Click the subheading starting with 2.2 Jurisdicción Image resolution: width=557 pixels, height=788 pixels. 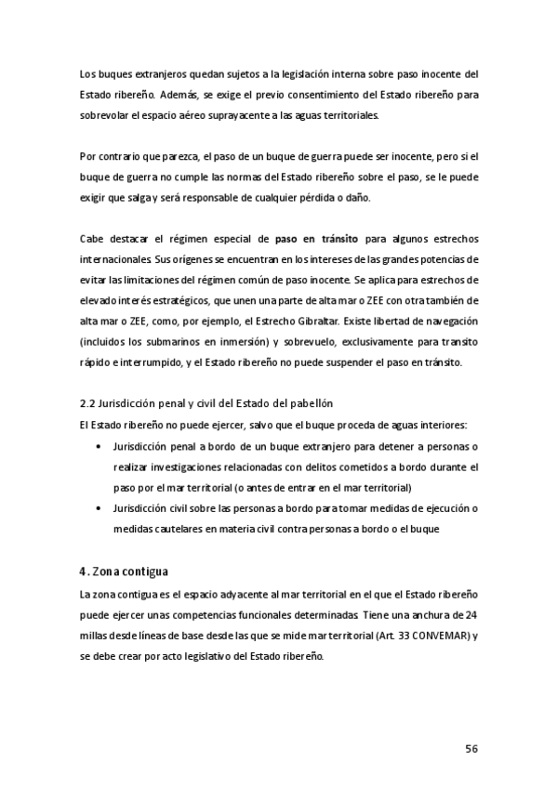206,403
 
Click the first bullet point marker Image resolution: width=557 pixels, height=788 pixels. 99,446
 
